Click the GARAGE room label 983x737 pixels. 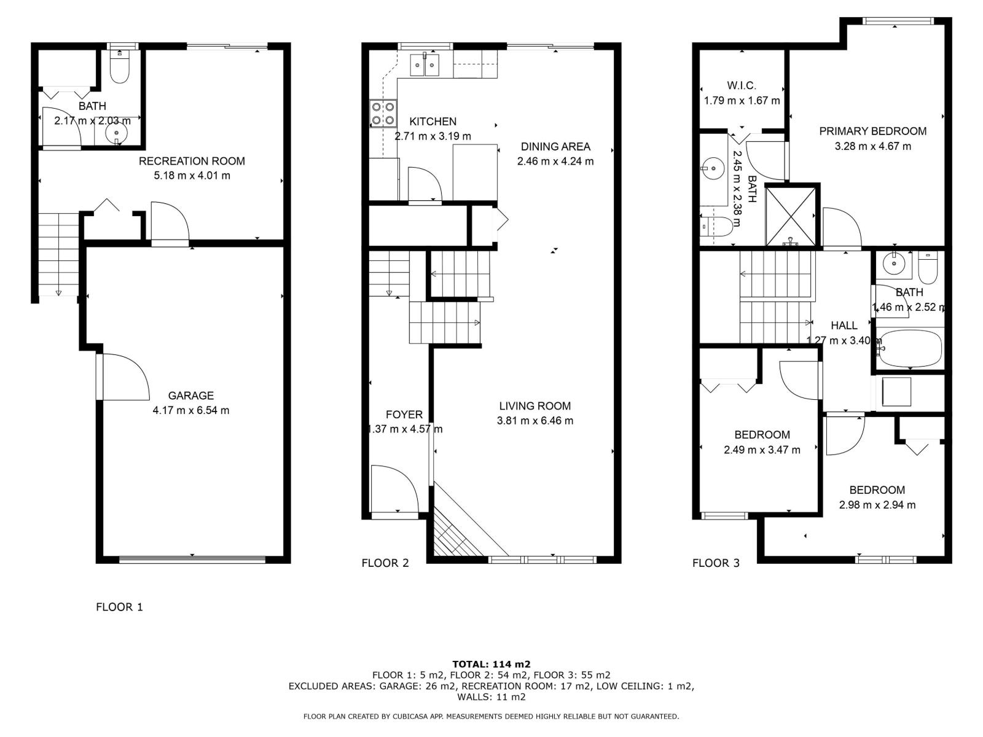click(x=190, y=396)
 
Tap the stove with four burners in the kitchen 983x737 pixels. click(x=382, y=114)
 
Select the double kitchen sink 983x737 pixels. click(x=425, y=64)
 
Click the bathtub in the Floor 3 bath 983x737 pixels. click(x=909, y=349)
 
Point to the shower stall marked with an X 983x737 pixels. click(x=792, y=216)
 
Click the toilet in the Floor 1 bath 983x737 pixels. click(x=120, y=69)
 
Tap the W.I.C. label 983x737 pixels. click(x=742, y=85)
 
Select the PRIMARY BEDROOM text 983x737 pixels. click(x=872, y=131)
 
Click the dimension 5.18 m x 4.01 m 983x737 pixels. click(x=192, y=176)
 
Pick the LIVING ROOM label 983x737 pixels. click(x=535, y=406)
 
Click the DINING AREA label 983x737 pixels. click(x=555, y=146)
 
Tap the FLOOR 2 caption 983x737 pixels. click(x=385, y=563)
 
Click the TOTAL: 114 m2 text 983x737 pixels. click(x=491, y=664)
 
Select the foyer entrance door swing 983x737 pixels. click(x=393, y=488)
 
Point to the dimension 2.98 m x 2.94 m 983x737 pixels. click(x=877, y=505)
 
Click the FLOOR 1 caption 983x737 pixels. click(x=119, y=607)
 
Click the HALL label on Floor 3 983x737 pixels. click(x=844, y=326)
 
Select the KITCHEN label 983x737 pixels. click(x=433, y=122)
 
